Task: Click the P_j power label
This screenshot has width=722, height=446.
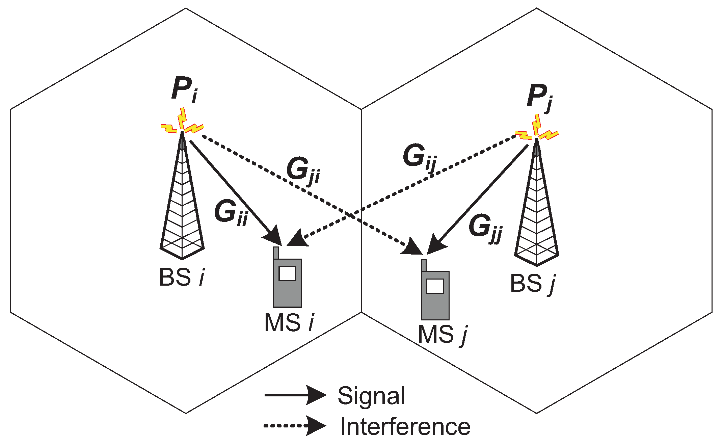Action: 539,97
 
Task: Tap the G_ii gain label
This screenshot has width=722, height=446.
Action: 231,213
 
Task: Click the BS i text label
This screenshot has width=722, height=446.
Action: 182,278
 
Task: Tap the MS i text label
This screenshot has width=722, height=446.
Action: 289,323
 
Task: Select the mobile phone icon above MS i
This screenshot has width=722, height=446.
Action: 287,282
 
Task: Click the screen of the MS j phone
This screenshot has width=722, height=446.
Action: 435,286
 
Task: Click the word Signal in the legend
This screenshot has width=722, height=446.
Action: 371,396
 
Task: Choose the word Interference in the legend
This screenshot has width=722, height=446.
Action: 405,427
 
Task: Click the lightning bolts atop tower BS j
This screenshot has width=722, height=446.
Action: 537,130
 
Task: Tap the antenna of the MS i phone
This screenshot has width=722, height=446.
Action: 276,253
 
